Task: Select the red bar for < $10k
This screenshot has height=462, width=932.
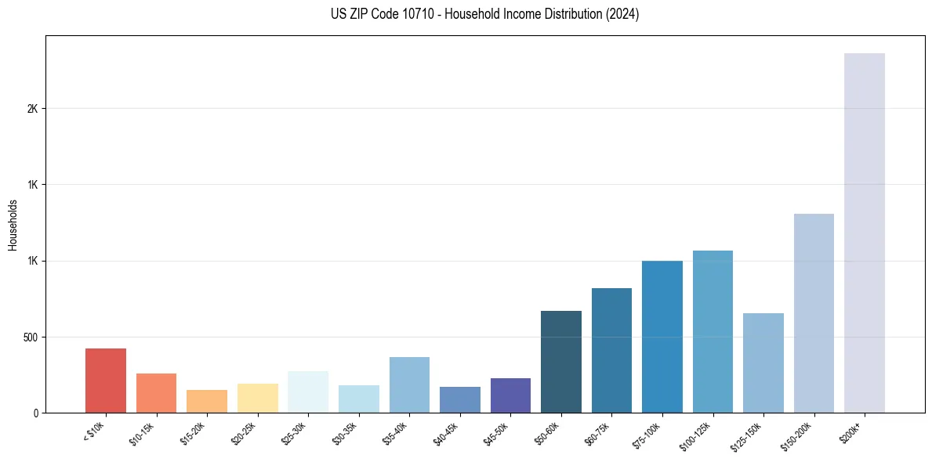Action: [x=106, y=381]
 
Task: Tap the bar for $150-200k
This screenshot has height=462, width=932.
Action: [x=814, y=313]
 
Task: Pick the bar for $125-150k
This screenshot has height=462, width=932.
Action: [x=763, y=363]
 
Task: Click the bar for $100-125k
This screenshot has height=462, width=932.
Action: [x=713, y=331]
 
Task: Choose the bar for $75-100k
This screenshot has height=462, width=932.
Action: [x=662, y=337]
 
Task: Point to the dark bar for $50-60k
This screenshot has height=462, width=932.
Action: [x=560, y=362]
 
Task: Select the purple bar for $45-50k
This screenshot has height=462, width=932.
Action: [x=510, y=395]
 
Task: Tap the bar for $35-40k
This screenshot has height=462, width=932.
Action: [x=409, y=384]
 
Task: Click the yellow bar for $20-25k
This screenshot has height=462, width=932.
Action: [x=257, y=398]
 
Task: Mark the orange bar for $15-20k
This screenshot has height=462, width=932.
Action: [x=207, y=401]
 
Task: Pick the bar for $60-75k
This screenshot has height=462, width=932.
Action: [x=611, y=350]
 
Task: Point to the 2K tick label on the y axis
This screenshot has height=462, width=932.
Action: [x=32, y=109]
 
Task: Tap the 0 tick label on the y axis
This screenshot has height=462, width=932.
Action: [x=35, y=413]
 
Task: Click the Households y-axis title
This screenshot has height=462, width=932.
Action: [x=13, y=225]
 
